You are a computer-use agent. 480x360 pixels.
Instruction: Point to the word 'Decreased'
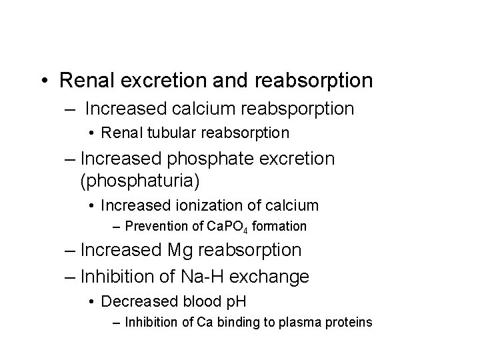[132, 301]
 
